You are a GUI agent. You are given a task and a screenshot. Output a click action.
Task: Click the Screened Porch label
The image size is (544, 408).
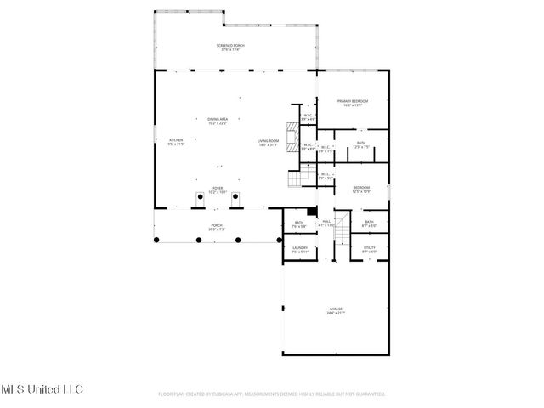(231, 48)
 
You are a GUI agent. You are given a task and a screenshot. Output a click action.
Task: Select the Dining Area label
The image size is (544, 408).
(218, 121)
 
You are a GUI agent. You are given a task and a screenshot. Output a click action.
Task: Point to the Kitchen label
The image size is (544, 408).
(176, 141)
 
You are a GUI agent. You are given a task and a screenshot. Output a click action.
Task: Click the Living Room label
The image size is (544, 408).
(269, 141)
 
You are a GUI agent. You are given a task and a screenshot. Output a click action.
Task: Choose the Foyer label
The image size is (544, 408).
(218, 190)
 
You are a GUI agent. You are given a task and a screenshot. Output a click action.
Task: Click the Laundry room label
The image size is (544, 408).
(299, 249)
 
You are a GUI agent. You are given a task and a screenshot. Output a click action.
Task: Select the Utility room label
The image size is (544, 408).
(369, 249)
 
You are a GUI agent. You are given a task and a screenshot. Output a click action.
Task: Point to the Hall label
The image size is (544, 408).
(326, 223)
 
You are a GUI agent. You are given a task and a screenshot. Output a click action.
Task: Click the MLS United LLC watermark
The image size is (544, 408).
(42, 388)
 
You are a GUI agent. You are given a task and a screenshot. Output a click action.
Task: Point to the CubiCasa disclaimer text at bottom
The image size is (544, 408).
(271, 394)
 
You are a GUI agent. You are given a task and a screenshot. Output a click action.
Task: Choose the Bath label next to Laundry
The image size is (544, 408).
(299, 224)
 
